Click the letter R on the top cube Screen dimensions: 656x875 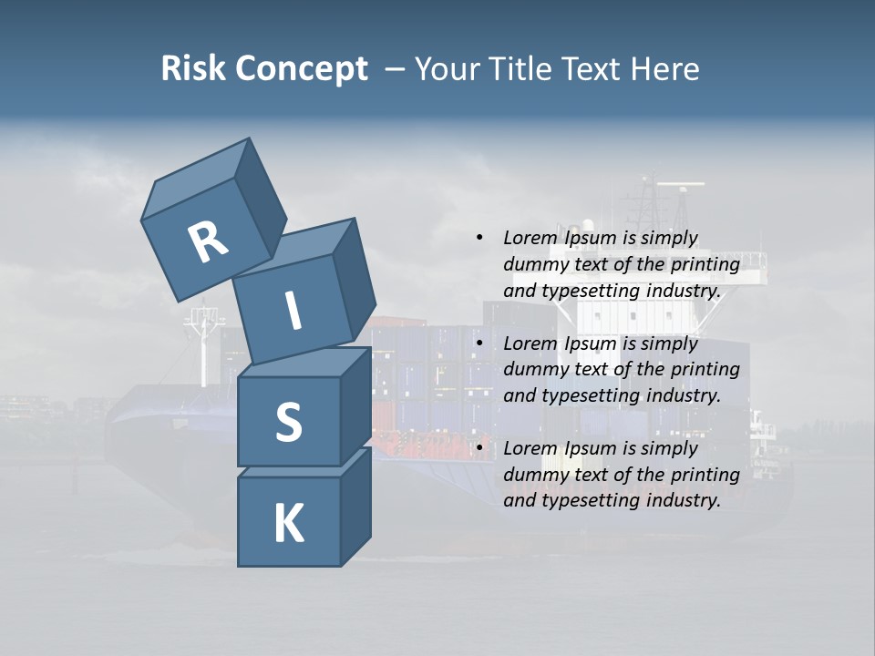pyautogui.click(x=208, y=243)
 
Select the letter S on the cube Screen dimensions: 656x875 pyautogui.click(x=288, y=423)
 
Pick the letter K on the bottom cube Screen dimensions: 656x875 pyautogui.click(x=288, y=525)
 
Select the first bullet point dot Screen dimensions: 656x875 pyautogui.click(x=479, y=238)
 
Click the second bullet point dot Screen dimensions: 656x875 pyautogui.click(x=479, y=343)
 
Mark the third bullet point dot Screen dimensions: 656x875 pyautogui.click(x=479, y=448)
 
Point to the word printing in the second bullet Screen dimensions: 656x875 pyautogui.click(x=705, y=369)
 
